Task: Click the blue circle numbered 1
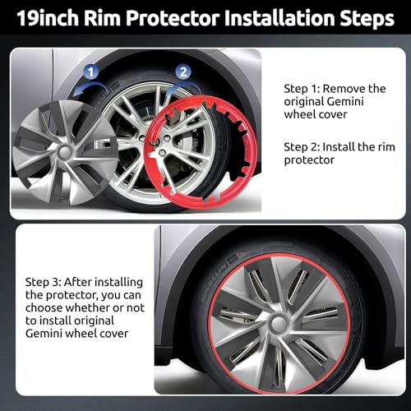[91, 72]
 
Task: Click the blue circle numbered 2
[183, 72]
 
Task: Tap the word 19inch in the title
[48, 18]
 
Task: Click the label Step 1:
[302, 89]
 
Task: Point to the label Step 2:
[302, 147]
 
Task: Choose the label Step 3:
[43, 282]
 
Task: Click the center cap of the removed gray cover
[65, 152]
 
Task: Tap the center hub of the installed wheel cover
[279, 324]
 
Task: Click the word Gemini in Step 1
[345, 102]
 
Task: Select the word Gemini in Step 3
[44, 334]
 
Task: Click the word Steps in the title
[367, 19]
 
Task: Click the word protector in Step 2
[309, 160]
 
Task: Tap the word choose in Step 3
[44, 307]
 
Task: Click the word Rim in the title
[102, 18]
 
